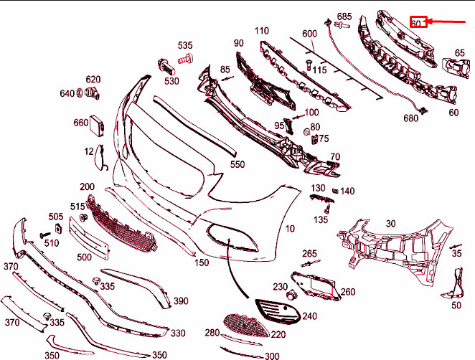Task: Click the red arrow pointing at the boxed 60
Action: (446, 22)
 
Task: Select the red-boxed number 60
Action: (418, 22)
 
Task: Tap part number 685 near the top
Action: (344, 16)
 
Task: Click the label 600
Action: (309, 33)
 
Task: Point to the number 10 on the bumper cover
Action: (290, 229)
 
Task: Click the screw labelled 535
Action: (185, 59)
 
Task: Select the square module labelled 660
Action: (97, 123)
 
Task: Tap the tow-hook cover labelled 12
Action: (100, 157)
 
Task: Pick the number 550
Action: (237, 164)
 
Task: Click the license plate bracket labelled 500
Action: (89, 238)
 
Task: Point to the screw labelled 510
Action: (45, 235)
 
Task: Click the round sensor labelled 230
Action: (292, 295)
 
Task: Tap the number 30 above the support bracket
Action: (391, 224)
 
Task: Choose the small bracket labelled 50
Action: (454, 283)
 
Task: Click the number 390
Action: (181, 301)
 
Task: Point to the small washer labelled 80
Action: (306, 132)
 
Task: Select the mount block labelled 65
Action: (456, 68)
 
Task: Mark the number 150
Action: (202, 262)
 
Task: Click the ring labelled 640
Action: (80, 93)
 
